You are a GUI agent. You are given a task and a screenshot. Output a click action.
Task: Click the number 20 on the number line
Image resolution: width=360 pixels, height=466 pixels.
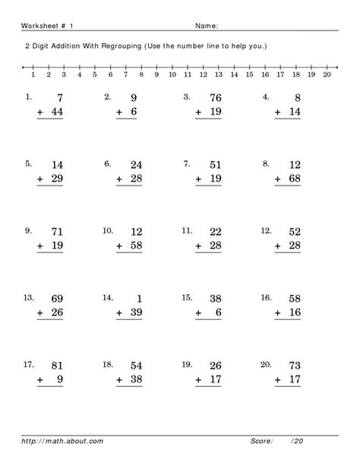pos(327,75)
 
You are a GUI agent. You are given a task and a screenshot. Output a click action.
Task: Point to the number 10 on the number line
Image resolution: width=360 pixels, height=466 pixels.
pos(172,75)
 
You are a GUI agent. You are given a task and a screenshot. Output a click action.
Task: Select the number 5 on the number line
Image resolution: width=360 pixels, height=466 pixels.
pos(95,75)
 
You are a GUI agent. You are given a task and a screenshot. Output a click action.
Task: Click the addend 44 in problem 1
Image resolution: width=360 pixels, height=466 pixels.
pos(55,113)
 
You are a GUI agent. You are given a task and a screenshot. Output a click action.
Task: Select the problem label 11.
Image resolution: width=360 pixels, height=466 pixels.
pos(186,230)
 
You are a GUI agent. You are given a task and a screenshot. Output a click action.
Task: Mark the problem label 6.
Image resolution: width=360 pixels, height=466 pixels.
pos(108,163)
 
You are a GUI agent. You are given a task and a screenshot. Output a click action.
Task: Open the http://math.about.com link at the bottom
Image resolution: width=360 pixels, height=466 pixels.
pos(52,440)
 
